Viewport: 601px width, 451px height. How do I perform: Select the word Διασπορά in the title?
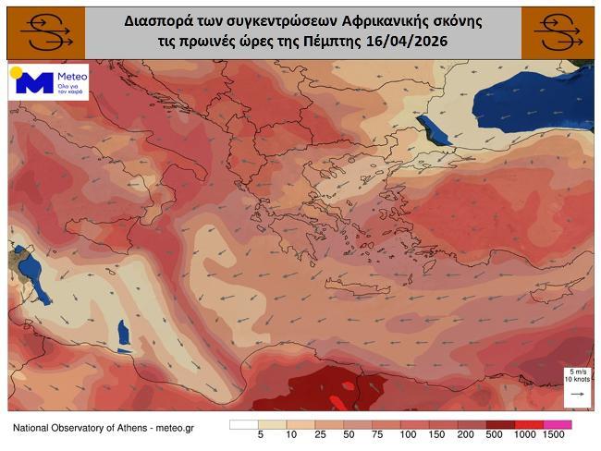(156, 18)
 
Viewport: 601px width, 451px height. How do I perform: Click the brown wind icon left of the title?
(43, 32)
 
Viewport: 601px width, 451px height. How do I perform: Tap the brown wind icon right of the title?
(558, 32)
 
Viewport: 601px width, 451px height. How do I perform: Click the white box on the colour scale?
(244, 424)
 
